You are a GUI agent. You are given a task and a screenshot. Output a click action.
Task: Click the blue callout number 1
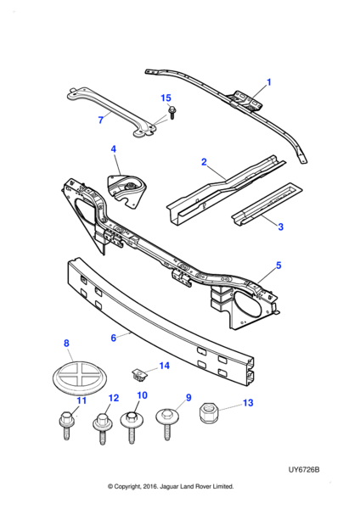[268, 82]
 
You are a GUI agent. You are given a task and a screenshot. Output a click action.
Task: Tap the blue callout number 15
[166, 98]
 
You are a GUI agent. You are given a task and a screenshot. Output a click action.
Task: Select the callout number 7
[101, 120]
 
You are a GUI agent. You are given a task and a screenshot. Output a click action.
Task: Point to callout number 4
[114, 149]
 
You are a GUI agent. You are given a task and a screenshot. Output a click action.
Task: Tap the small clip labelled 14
[139, 375]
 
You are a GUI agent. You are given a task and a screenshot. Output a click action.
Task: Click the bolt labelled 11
[66, 425]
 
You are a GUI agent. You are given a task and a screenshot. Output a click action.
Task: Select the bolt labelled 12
[103, 428]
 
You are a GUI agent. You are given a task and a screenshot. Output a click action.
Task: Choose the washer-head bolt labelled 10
[132, 427]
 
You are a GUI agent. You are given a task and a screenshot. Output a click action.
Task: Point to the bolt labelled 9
[167, 424]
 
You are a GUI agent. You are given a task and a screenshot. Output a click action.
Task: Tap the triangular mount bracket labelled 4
[127, 191]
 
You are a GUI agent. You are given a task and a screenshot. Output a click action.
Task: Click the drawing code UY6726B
[304, 470]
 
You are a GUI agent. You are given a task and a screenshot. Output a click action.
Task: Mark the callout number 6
[114, 338]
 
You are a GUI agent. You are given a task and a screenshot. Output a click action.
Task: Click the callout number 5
[278, 266]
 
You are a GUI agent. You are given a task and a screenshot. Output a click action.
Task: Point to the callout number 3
[281, 227]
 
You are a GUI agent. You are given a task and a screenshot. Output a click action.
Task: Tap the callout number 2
[204, 162]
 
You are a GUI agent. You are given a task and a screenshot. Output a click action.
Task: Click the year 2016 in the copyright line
[150, 486]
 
